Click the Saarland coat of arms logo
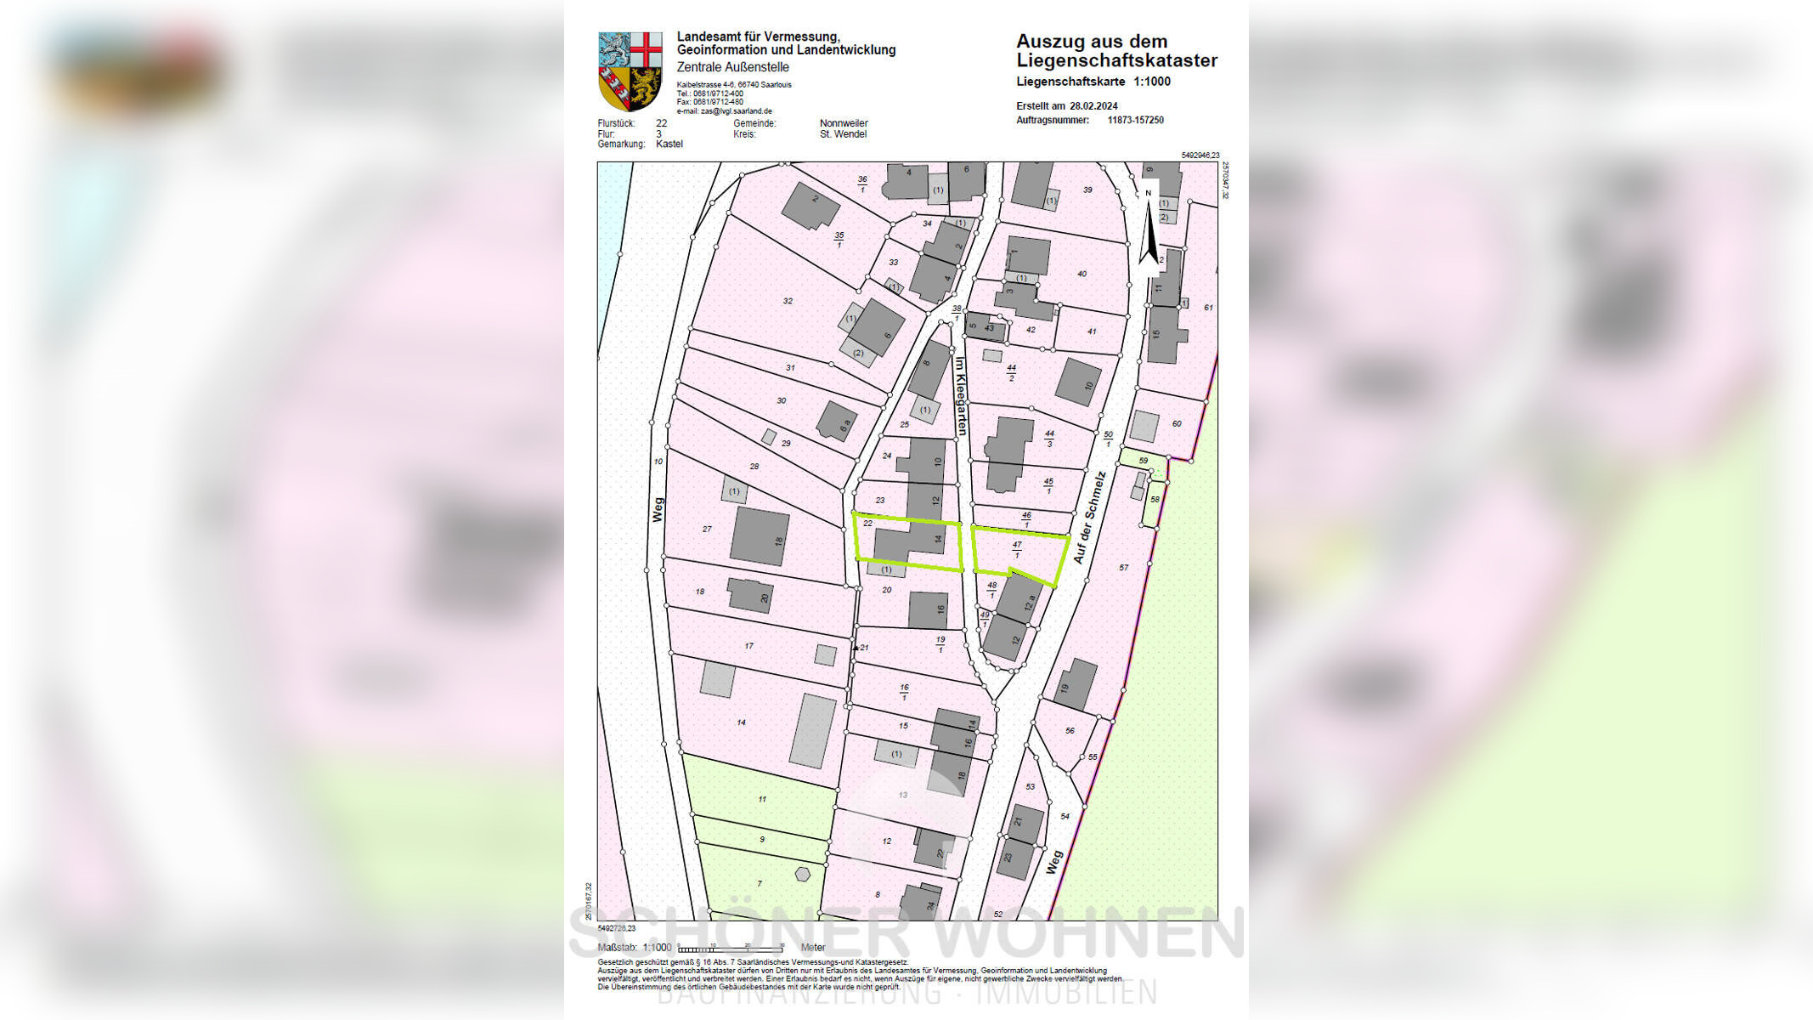[x=630, y=71]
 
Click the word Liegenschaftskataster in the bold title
[x=1116, y=60]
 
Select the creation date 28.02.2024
[x=1093, y=106]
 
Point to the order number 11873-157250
[x=1135, y=121]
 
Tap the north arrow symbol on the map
[x=1149, y=228]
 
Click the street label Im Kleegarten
[x=960, y=395]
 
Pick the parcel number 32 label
[x=788, y=301]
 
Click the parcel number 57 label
[x=1123, y=568]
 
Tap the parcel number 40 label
[x=1082, y=274]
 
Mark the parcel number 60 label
[x=1176, y=423]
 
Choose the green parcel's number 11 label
[x=762, y=799]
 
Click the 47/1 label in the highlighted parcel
[x=1017, y=549]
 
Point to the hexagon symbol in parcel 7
[x=802, y=874]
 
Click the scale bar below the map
[x=731, y=948]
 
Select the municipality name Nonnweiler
[x=843, y=124]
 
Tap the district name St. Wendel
[x=843, y=134]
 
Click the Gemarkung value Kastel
[x=669, y=144]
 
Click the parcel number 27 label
[x=707, y=529]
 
